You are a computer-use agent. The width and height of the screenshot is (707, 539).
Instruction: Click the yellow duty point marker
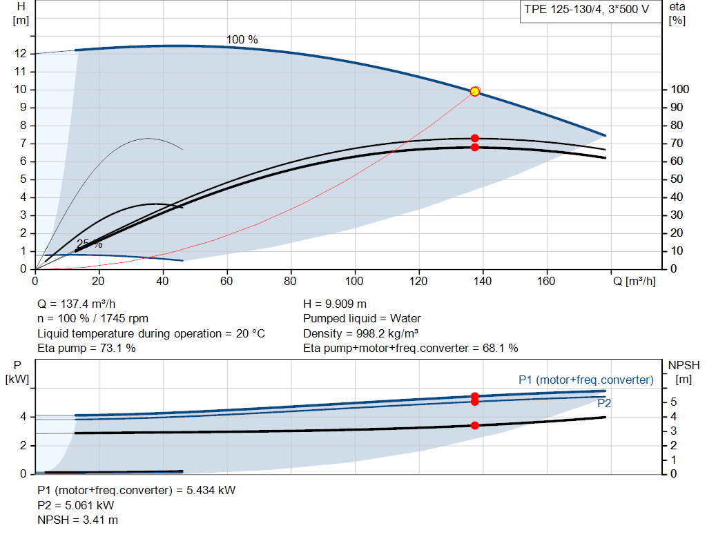point(474,92)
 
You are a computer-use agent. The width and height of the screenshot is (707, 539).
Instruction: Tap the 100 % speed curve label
point(242,39)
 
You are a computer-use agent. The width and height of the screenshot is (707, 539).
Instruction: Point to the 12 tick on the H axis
point(21,54)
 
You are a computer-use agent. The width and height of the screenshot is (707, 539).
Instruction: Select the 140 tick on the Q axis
point(483,281)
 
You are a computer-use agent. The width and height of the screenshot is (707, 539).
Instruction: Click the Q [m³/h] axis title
point(635,281)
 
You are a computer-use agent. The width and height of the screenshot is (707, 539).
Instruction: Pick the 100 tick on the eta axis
point(680,89)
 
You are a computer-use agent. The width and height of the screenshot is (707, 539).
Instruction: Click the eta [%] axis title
point(677,14)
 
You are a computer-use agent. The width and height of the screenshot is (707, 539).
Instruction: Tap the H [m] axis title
point(21,14)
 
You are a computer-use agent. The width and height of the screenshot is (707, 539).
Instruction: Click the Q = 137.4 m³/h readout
point(77,304)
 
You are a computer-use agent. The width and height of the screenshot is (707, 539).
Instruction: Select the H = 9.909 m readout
point(335,304)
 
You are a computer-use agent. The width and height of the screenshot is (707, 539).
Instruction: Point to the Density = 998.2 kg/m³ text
point(360,333)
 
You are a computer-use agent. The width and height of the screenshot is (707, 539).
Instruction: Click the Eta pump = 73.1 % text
point(86,349)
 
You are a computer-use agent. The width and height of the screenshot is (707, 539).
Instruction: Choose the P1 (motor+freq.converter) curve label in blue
point(586,380)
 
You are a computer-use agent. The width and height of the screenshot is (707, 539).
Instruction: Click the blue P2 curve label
point(604,403)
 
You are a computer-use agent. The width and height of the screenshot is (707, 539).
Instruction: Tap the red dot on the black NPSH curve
point(474,425)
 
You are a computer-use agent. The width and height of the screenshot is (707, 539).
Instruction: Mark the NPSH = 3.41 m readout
point(77,520)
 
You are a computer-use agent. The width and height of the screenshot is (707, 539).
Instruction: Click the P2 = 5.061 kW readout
point(76,505)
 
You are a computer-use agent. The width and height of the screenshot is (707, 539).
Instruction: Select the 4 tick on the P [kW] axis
point(23,416)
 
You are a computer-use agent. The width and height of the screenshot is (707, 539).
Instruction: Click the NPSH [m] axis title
point(684,372)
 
